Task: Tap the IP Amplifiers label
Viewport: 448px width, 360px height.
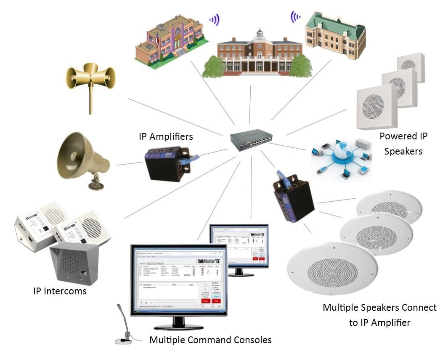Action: click(x=166, y=137)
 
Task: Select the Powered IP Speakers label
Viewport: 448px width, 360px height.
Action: click(x=403, y=144)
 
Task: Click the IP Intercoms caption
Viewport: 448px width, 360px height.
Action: click(x=60, y=291)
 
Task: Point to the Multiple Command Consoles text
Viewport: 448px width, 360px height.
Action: click(x=210, y=340)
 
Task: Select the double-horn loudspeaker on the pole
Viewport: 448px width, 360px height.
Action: click(x=90, y=80)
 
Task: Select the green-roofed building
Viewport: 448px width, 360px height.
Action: click(x=335, y=36)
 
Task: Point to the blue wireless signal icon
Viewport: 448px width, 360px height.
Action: click(x=215, y=19)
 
